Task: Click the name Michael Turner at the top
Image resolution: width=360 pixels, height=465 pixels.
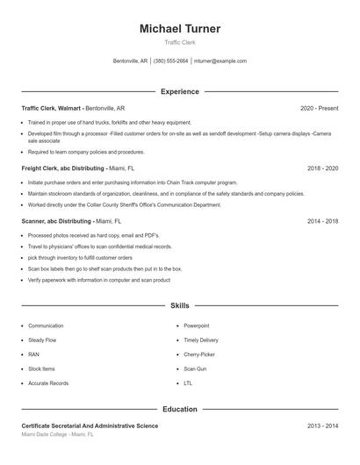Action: pyautogui.click(x=180, y=29)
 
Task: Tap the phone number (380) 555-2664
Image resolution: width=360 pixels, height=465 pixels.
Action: pyautogui.click(x=170, y=61)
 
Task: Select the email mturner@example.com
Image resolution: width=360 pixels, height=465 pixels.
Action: pyautogui.click(x=220, y=61)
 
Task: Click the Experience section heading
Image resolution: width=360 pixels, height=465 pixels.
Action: pyautogui.click(x=180, y=91)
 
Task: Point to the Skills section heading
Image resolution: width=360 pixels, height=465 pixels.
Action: pyautogui.click(x=180, y=305)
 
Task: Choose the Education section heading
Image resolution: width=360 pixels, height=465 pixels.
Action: pyautogui.click(x=180, y=409)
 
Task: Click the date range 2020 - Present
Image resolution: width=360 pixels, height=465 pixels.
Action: pyautogui.click(x=319, y=108)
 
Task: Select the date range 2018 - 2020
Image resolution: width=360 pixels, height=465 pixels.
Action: pyautogui.click(x=322, y=167)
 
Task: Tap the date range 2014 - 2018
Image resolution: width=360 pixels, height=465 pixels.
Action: pyautogui.click(x=322, y=222)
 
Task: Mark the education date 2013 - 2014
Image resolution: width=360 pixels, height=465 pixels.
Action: pyautogui.click(x=322, y=426)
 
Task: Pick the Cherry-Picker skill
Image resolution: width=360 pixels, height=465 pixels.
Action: pyautogui.click(x=198, y=354)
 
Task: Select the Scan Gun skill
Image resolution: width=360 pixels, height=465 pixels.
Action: pyautogui.click(x=195, y=368)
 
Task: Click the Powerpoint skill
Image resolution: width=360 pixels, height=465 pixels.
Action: pyautogui.click(x=197, y=325)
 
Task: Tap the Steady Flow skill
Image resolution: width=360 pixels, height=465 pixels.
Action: pyautogui.click(x=42, y=340)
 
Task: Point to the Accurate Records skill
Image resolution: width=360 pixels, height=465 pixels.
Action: pyautogui.click(x=48, y=383)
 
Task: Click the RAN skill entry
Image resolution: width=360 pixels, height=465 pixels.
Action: pyautogui.click(x=33, y=354)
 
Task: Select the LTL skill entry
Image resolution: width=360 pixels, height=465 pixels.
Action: pyautogui.click(x=188, y=383)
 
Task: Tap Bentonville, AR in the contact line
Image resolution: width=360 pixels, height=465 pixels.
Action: pyautogui.click(x=131, y=61)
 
